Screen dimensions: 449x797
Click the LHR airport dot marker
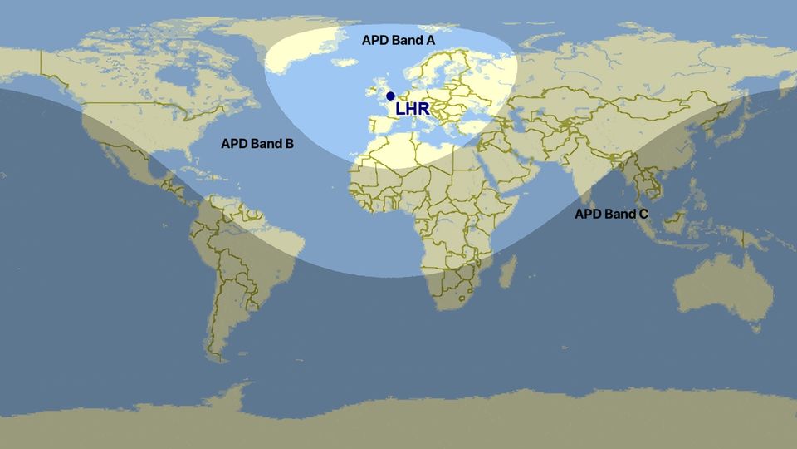[x=390, y=96]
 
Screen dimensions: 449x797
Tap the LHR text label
[x=413, y=109]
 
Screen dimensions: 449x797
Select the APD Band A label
[x=398, y=40]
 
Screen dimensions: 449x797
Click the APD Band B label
[x=257, y=143]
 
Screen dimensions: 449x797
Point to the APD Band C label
[x=612, y=214]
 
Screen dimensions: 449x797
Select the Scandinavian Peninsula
[x=432, y=62]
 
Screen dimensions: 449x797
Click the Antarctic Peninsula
[x=241, y=392]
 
